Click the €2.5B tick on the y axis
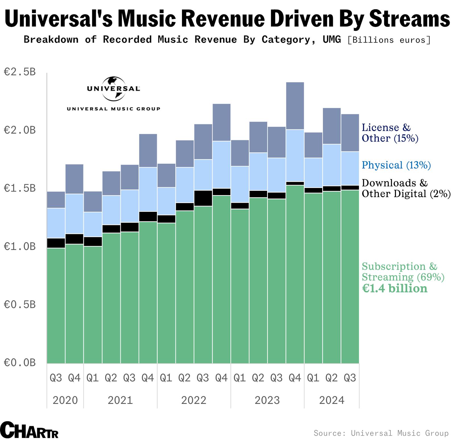pyautogui.click(x=19, y=72)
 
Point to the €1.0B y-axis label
pyautogui.click(x=19, y=246)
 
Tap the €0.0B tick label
pyautogui.click(x=19, y=363)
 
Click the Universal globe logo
pyautogui.click(x=113, y=89)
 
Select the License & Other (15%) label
pyautogui.click(x=390, y=133)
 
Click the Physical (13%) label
pyautogui.click(x=396, y=165)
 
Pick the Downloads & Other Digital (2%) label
pyautogui.click(x=406, y=188)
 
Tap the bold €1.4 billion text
pyautogui.click(x=394, y=289)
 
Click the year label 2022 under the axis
pyautogui.click(x=194, y=400)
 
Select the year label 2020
pyautogui.click(x=65, y=400)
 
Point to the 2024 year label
pyautogui.click(x=332, y=400)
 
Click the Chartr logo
pyautogui.click(x=29, y=430)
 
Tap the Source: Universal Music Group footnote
pyautogui.click(x=381, y=433)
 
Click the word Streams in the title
pyautogui.click(x=409, y=18)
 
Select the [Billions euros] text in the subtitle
pyautogui.click(x=389, y=40)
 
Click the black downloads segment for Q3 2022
pyautogui.click(x=203, y=198)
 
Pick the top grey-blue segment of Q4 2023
pyautogui.click(x=295, y=106)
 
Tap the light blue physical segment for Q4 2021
pyautogui.click(x=148, y=189)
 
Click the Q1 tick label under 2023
pyautogui.click(x=239, y=378)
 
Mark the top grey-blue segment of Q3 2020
pyautogui.click(x=56, y=200)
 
